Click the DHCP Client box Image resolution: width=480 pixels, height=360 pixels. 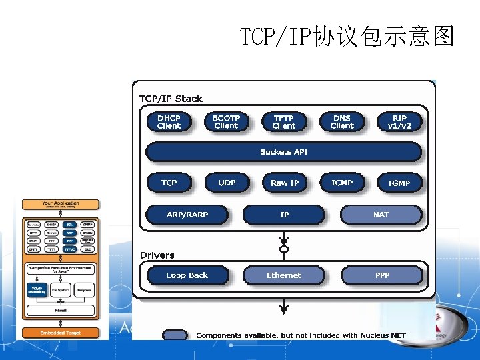click(169, 122)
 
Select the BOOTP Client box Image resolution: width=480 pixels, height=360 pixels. click(226, 122)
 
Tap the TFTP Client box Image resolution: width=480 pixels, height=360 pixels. click(284, 122)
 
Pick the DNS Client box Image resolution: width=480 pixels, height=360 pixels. click(342, 122)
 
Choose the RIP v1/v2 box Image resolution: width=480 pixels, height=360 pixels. click(399, 122)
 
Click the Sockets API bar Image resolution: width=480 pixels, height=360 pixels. click(284, 152)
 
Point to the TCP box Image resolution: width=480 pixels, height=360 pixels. click(169, 183)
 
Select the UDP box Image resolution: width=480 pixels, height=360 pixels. click(227, 183)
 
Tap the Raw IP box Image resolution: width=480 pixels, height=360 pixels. click(284, 183)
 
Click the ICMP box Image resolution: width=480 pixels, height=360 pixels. click(342, 183)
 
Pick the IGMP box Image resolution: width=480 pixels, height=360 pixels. click(399, 183)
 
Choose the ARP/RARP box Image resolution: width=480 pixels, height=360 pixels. click(187, 215)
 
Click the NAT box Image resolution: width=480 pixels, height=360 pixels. click(381, 215)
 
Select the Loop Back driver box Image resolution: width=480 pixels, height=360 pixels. click(187, 275)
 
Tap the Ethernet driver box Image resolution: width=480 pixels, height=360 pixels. click(284, 275)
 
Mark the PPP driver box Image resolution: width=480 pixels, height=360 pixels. click(382, 275)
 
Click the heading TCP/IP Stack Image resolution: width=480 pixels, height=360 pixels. click(171, 99)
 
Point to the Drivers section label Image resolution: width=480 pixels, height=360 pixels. click(157, 255)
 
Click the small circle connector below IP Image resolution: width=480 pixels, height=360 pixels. click(284, 249)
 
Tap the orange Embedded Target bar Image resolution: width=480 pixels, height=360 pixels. click(61, 333)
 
